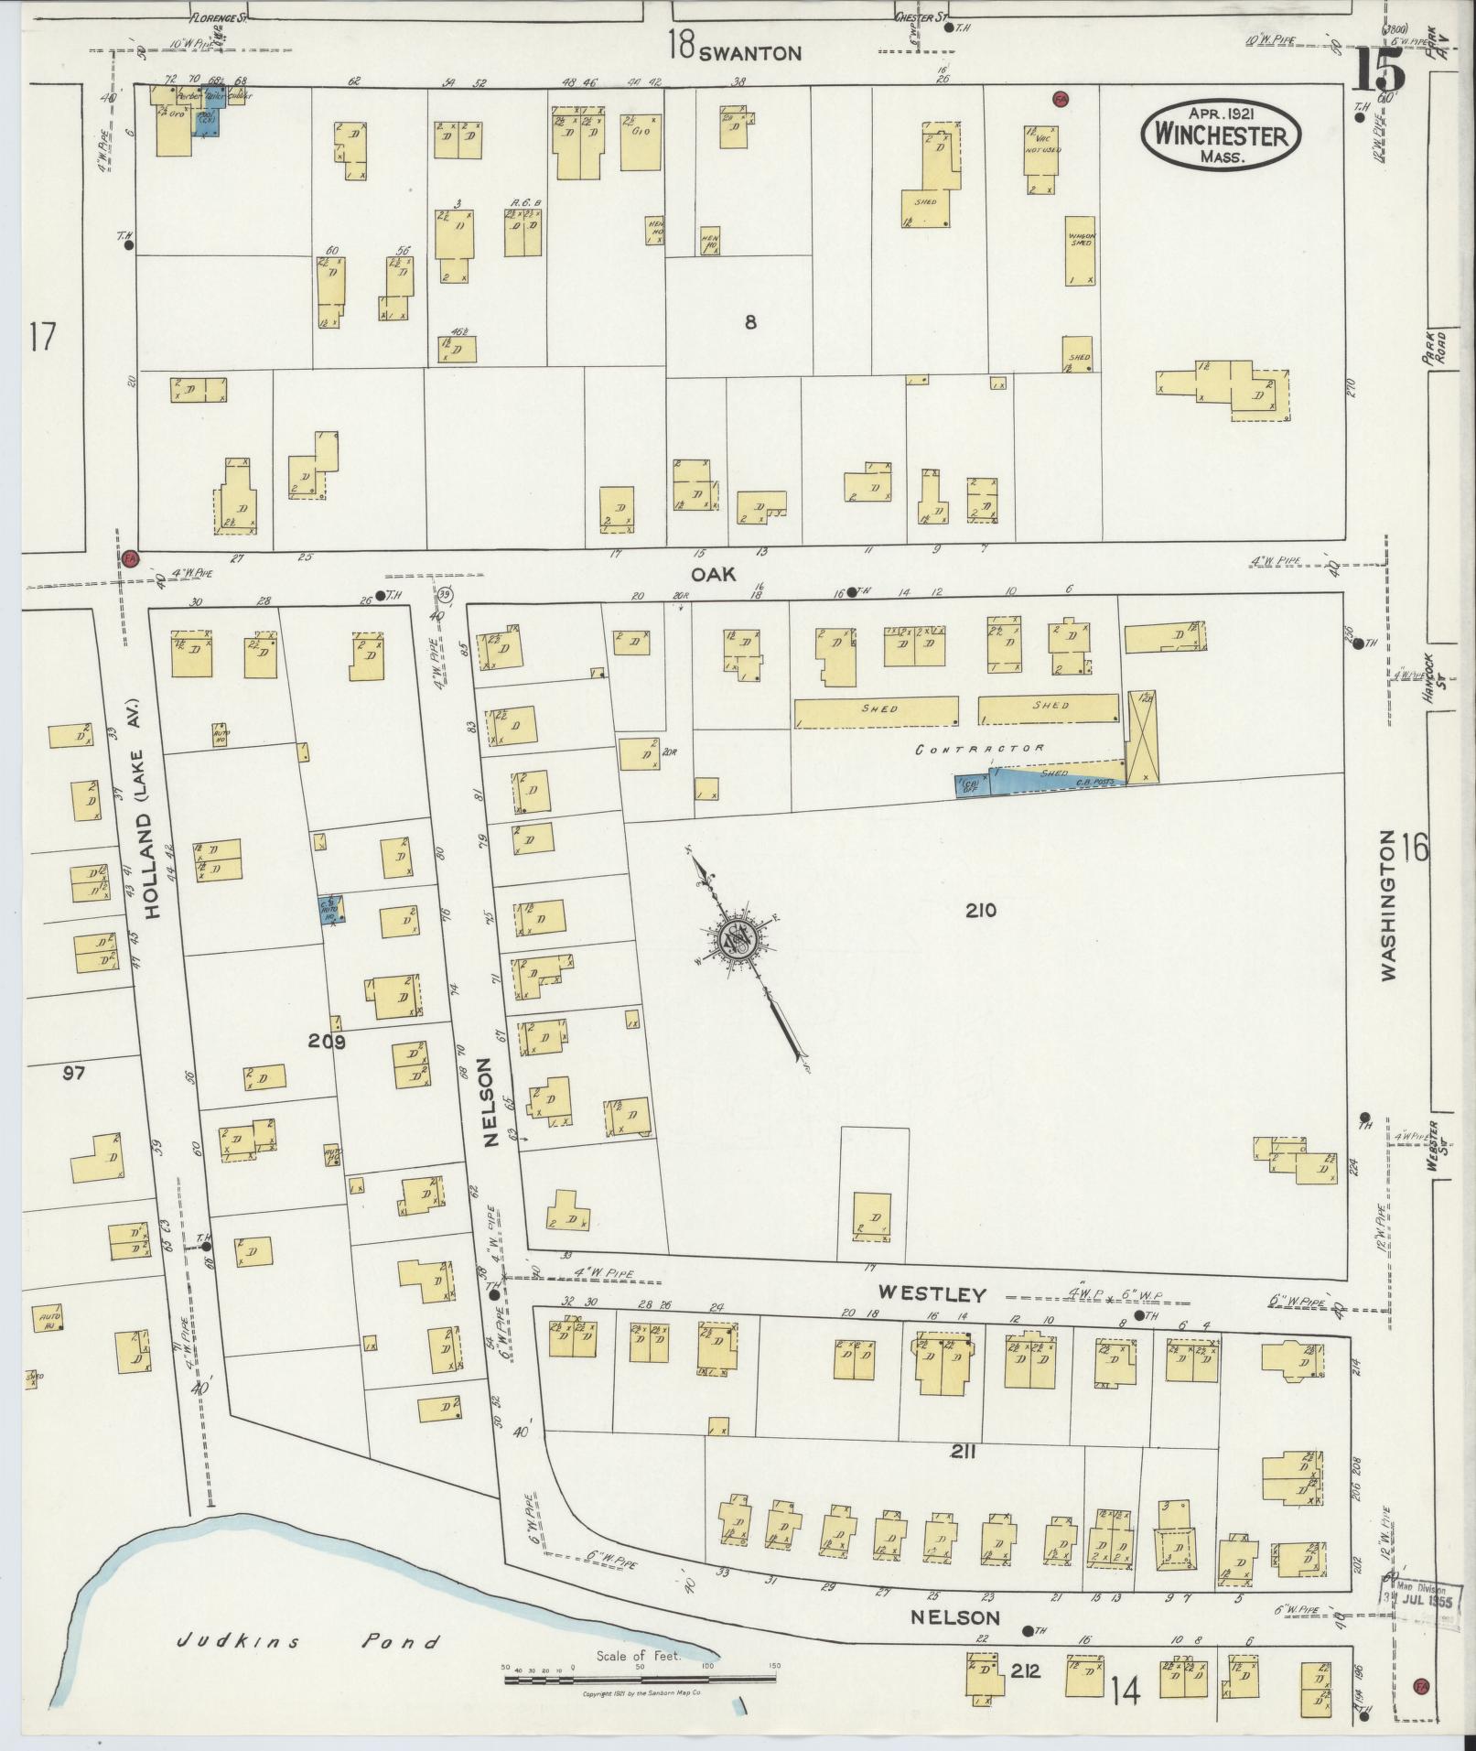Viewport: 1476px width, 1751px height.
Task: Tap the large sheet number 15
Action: point(1377,68)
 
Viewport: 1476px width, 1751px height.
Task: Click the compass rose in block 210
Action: point(734,939)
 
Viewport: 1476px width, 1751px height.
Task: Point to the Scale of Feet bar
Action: point(640,1678)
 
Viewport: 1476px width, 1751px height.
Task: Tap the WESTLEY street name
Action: point(932,1294)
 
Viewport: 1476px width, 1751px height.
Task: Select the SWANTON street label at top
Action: point(749,53)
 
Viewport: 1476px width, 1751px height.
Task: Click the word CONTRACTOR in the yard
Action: point(980,749)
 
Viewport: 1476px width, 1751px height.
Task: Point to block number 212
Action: point(1026,1670)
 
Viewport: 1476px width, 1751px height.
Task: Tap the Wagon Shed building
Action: point(1082,250)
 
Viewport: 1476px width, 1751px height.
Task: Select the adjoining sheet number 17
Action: point(42,338)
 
